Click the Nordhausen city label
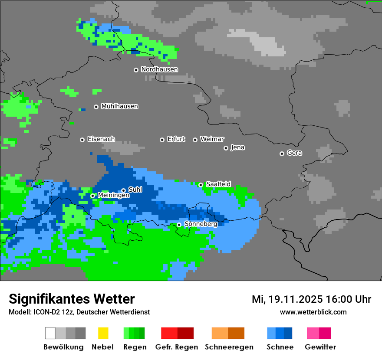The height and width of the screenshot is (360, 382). click(x=159, y=69)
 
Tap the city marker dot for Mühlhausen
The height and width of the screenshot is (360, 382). click(x=96, y=107)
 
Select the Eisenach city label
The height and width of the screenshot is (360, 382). click(x=101, y=139)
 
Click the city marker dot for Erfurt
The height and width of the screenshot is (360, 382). click(x=162, y=140)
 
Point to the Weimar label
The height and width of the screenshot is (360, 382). click(x=212, y=139)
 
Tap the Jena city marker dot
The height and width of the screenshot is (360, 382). click(x=226, y=148)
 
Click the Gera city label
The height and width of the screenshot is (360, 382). click(x=294, y=153)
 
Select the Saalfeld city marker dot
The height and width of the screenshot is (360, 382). click(x=201, y=185)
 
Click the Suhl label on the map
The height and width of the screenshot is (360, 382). click(x=135, y=190)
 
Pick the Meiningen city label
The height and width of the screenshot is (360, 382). click(x=113, y=196)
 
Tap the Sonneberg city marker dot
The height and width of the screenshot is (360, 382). click(x=179, y=225)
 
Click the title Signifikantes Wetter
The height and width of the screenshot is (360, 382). click(x=72, y=299)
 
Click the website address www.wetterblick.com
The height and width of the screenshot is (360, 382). click(x=313, y=312)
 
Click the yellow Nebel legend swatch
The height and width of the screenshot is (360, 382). click(x=102, y=333)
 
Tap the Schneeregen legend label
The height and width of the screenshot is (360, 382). click(x=229, y=347)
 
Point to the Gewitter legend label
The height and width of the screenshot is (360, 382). click(x=320, y=347)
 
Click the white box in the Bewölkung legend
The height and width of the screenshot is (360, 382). click(x=50, y=333)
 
